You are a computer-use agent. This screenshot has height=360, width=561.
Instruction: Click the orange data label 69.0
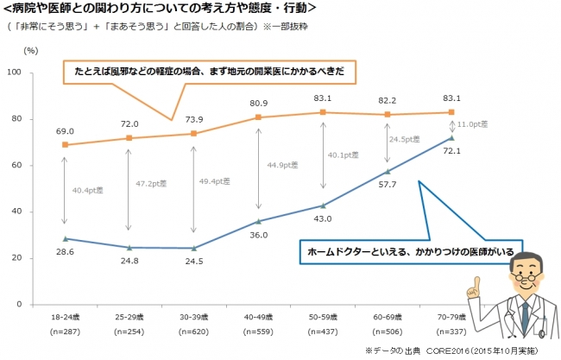[65, 131]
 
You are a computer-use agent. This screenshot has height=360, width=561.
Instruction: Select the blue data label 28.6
[65, 251]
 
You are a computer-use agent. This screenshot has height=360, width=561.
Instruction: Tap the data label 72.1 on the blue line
[451, 151]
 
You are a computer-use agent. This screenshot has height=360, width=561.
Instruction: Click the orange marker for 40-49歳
[258, 117]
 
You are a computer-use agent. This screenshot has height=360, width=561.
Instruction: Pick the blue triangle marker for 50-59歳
[323, 205]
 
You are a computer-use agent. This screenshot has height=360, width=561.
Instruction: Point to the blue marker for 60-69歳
[388, 172]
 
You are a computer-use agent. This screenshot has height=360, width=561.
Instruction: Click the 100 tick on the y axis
[14, 73]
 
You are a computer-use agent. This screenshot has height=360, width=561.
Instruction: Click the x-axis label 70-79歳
[451, 319]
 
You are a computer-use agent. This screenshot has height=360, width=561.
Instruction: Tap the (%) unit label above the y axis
[32, 51]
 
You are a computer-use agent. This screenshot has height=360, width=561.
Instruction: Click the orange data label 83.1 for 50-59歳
[323, 98]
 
